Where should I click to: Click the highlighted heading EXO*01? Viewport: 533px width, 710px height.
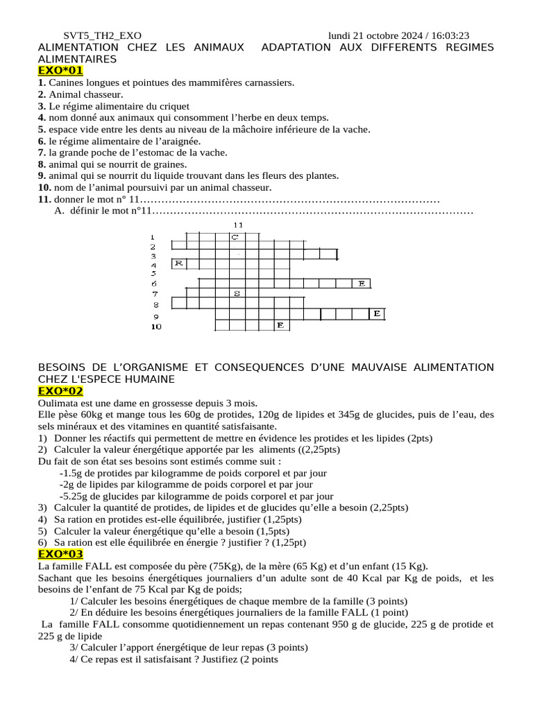(60, 71)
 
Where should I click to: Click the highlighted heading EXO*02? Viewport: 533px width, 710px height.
(60, 391)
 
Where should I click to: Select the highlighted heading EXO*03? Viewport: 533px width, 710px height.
(60, 553)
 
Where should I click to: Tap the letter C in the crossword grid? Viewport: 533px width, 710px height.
(235, 237)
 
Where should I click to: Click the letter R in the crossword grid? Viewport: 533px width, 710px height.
(178, 263)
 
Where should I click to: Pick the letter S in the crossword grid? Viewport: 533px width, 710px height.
(237, 293)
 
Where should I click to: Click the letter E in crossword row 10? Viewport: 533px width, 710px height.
(280, 324)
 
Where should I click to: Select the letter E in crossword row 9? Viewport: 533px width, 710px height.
(377, 314)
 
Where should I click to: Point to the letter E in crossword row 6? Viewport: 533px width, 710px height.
(362, 283)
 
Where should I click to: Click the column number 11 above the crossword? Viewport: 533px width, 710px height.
(238, 225)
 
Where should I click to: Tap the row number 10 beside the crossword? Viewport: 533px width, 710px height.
(155, 326)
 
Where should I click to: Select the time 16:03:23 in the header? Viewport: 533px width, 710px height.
(450, 35)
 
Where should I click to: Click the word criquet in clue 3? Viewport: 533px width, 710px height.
(173, 106)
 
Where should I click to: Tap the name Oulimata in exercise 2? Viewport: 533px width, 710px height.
(59, 404)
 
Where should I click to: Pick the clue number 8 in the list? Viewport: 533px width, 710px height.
(42, 164)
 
